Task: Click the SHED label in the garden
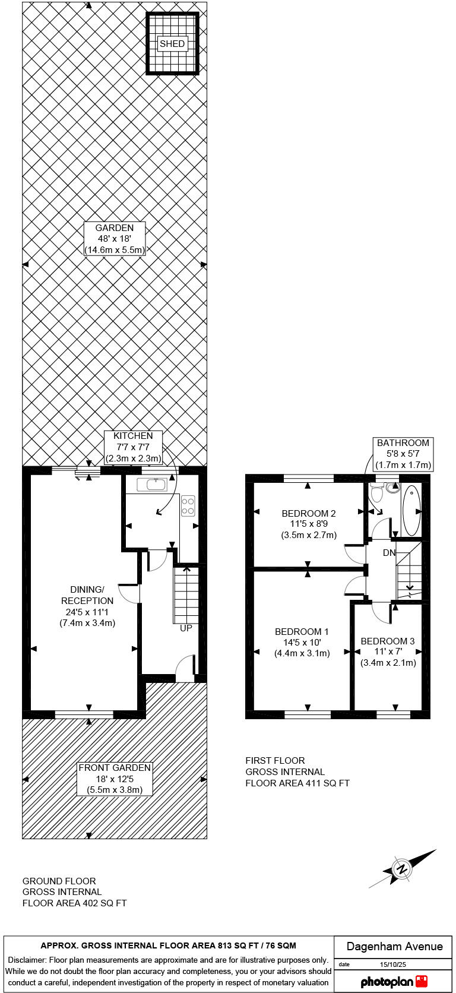(x=172, y=43)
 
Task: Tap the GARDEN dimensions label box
(x=115, y=239)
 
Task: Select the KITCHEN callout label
(x=133, y=447)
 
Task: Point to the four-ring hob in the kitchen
(x=188, y=505)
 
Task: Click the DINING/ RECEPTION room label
(x=87, y=606)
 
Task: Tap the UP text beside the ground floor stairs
(x=186, y=628)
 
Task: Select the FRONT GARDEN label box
(x=115, y=779)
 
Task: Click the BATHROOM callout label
(x=403, y=454)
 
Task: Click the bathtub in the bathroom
(x=411, y=510)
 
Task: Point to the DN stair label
(x=389, y=553)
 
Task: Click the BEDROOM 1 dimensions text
(x=302, y=648)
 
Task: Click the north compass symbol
(x=403, y=869)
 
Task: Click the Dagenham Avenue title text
(x=394, y=946)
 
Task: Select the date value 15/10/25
(x=392, y=964)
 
